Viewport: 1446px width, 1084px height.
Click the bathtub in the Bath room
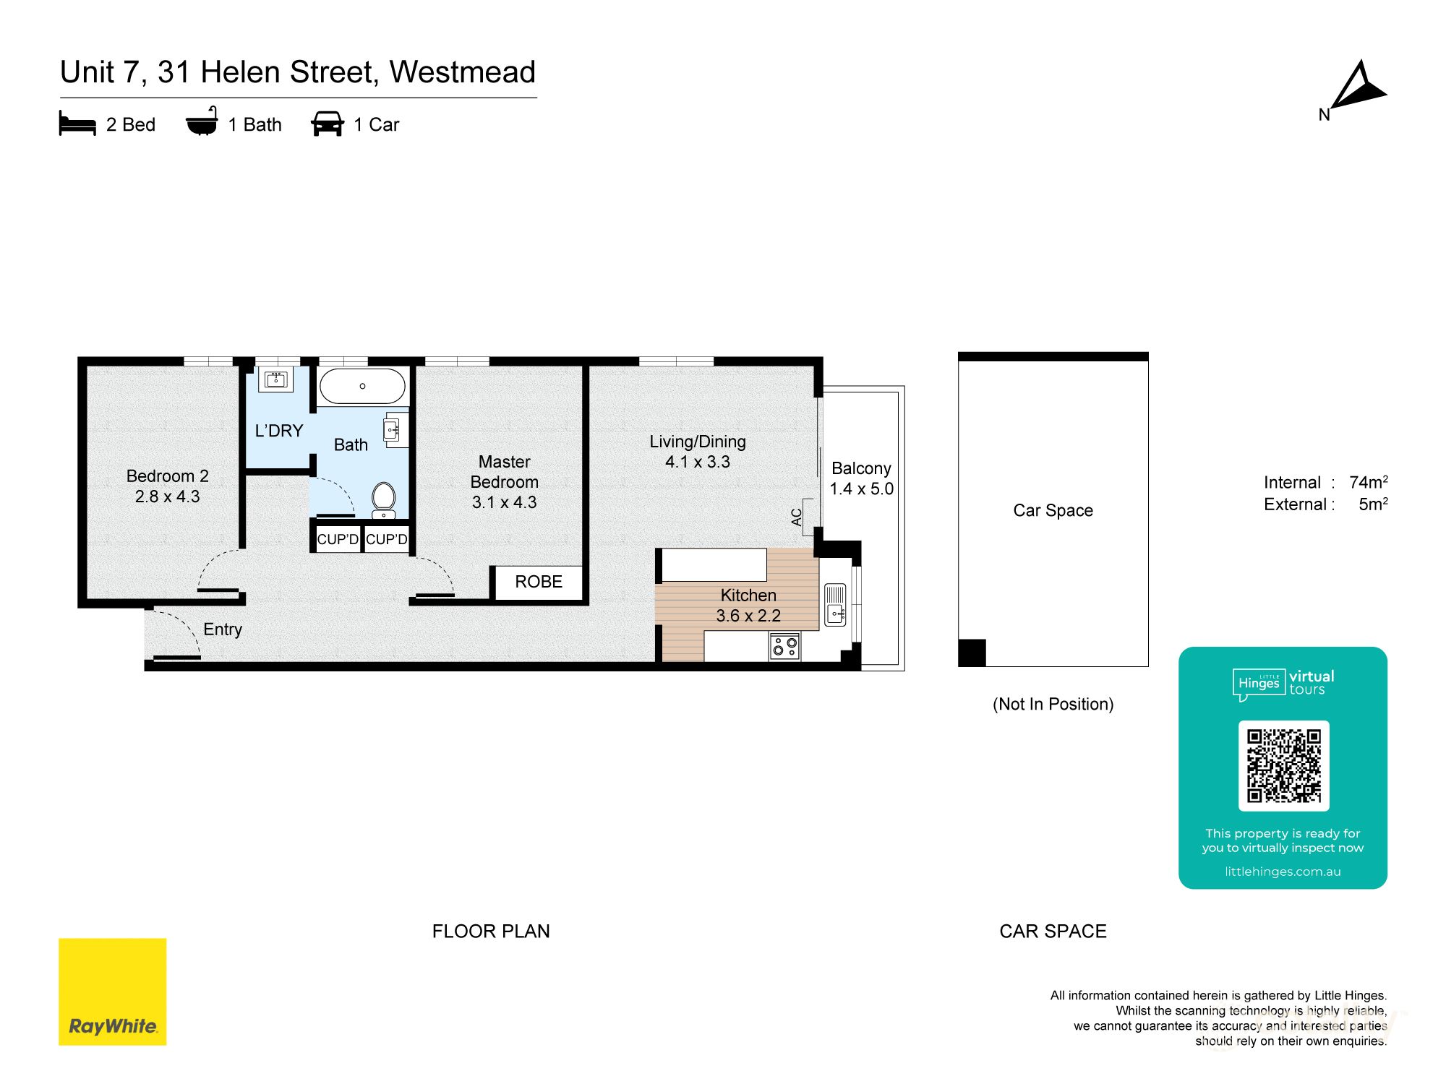[362, 387]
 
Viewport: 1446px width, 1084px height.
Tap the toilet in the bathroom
[383, 499]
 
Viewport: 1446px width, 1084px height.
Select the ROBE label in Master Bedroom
[538, 582]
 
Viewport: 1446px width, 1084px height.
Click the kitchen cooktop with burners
[784, 645]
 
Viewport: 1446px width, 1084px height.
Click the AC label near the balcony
[797, 517]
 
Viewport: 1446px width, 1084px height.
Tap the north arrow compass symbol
[1357, 87]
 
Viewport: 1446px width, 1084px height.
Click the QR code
[1283, 765]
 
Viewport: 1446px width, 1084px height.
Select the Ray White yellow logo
[112, 991]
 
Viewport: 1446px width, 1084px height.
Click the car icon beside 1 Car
[327, 124]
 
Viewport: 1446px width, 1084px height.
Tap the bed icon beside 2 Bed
[77, 124]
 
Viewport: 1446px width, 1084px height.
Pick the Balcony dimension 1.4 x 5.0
[861, 489]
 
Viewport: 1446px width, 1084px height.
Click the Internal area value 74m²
[1368, 482]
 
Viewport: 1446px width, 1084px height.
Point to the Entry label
[222, 629]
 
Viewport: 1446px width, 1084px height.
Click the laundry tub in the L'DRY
[275, 379]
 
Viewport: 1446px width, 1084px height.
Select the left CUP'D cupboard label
[337, 540]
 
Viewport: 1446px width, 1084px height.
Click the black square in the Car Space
[972, 653]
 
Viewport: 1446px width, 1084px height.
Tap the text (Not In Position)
[1053, 704]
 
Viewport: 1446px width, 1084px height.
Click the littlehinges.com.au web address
[1282, 872]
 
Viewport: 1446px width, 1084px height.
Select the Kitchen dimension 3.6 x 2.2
[748, 616]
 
